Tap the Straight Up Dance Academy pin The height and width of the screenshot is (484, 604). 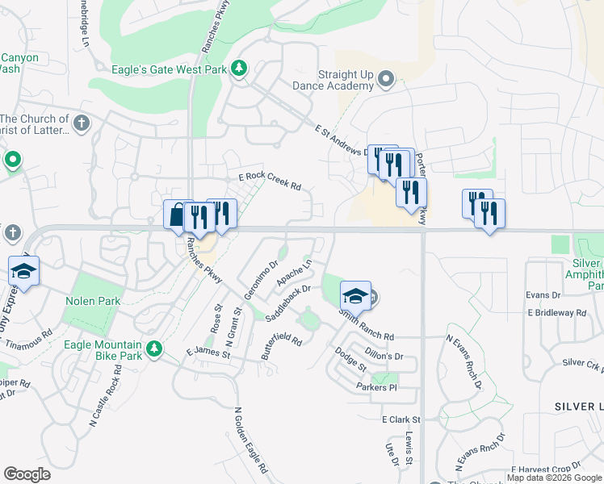(x=386, y=79)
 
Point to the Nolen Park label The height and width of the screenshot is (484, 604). (x=93, y=301)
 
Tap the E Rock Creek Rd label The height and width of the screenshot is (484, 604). (x=270, y=181)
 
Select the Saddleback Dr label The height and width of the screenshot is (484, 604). (x=288, y=303)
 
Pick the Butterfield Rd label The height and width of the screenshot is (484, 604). (x=281, y=345)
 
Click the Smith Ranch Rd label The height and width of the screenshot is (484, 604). (x=366, y=324)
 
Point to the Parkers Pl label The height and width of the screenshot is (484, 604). (x=376, y=387)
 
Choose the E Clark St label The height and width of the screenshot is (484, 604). (x=401, y=420)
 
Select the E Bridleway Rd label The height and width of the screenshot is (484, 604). (x=556, y=312)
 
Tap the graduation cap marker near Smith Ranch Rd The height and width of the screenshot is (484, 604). (x=355, y=295)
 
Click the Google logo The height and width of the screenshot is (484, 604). (x=27, y=474)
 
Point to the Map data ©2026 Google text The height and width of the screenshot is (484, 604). (x=554, y=478)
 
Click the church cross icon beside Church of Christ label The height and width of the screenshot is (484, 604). (x=81, y=123)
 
